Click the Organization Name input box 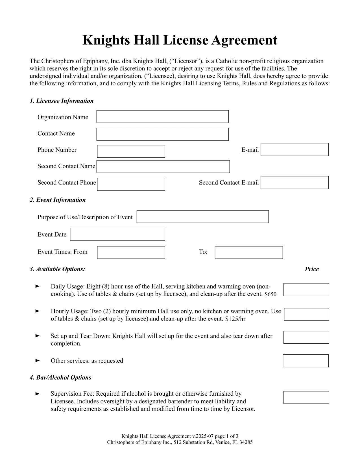point(162,116)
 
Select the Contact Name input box point(162,134)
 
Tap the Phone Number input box point(131,151)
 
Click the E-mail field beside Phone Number point(294,149)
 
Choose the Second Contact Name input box point(163,166)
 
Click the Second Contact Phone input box point(131,184)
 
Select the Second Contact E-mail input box point(294,183)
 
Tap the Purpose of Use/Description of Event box point(202,216)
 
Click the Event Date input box point(117,234)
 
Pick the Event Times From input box point(131,252)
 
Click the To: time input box point(248,252)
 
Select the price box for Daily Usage point(306,290)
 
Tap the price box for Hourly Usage point(306,314)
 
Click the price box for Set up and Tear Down point(306,337)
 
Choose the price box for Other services point(306,361)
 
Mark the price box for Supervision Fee point(306,397)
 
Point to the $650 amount point(270,294)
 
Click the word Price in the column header point(312,269)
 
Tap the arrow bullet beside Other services point(37,361)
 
